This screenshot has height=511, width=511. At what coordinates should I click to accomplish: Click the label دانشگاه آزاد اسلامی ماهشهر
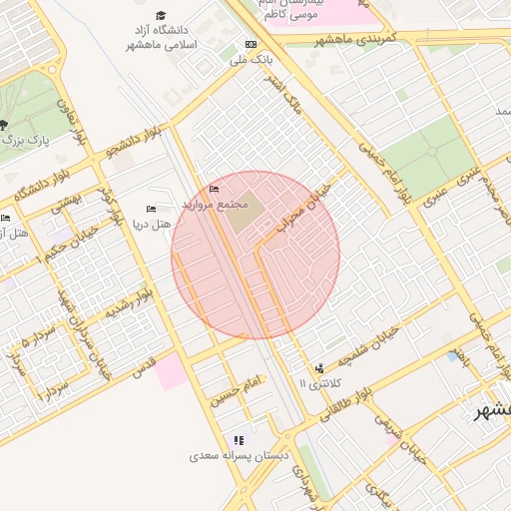163,38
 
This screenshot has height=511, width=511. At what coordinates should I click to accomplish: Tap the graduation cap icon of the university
162,15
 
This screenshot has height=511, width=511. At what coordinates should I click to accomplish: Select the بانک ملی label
252,59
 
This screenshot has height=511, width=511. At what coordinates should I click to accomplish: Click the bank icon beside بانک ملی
251,44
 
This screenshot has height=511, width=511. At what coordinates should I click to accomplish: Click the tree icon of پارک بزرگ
4,125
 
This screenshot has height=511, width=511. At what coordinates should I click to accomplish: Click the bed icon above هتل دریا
151,209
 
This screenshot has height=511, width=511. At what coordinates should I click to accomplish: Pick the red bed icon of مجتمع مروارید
214,190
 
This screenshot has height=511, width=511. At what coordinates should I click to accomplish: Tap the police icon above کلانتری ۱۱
319,368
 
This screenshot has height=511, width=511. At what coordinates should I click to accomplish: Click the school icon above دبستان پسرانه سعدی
239,440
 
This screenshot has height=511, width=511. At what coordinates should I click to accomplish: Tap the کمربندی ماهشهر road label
356,38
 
